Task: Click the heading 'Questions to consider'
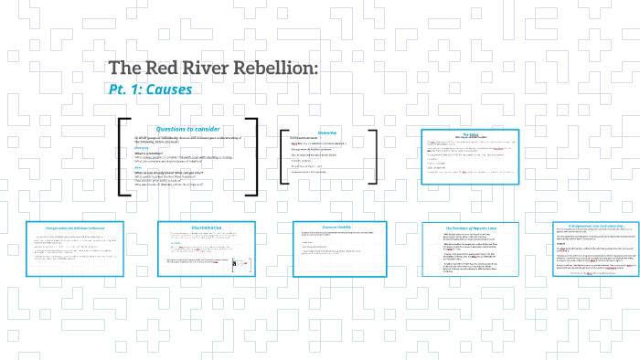click(x=188, y=129)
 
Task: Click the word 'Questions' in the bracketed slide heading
click(x=172, y=129)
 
